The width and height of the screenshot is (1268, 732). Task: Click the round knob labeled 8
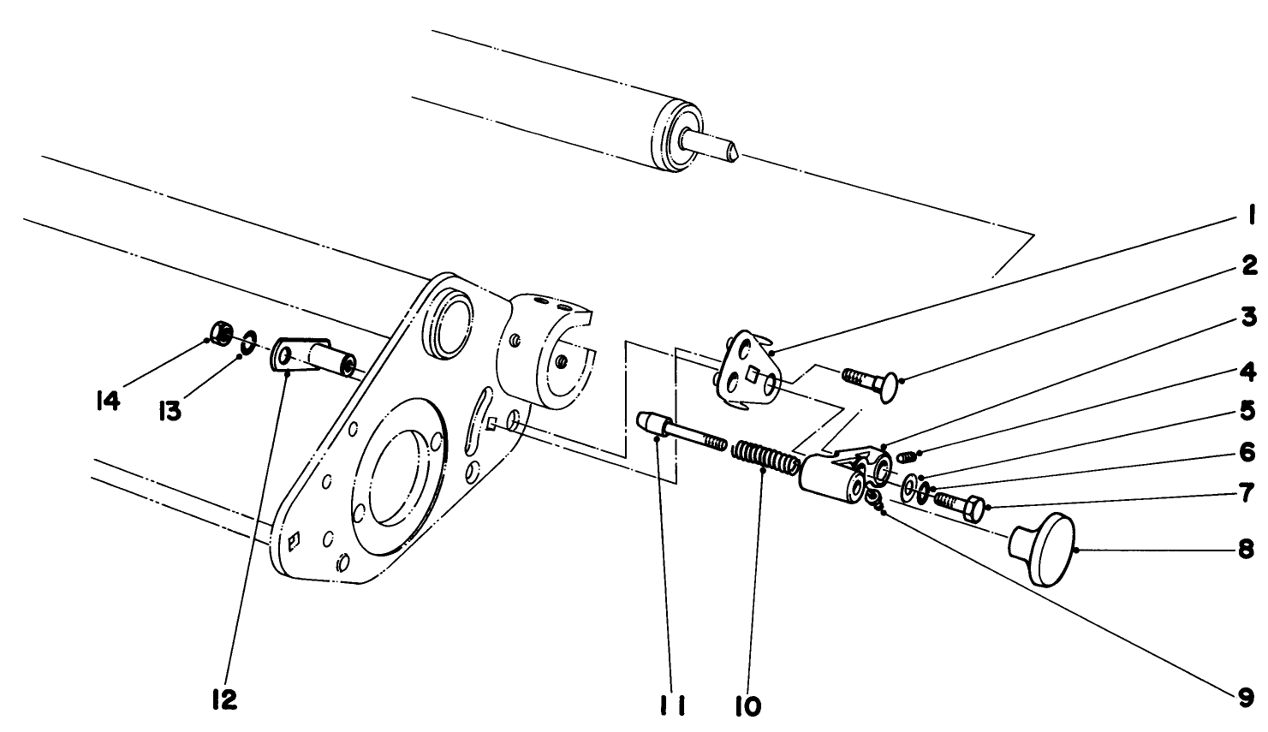[x=1043, y=549]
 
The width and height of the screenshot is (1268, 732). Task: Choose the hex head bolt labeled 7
[x=959, y=504]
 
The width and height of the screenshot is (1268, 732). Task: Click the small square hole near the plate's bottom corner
[x=293, y=539]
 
